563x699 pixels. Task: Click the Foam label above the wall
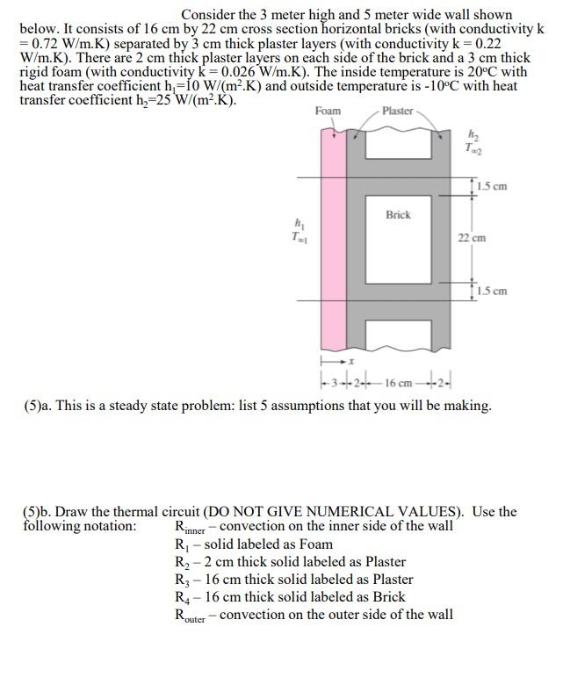pyautogui.click(x=328, y=111)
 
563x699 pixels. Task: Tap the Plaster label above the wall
pyautogui.click(x=398, y=111)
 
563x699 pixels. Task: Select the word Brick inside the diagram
pyautogui.click(x=398, y=214)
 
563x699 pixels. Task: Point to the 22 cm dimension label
pyautogui.click(x=472, y=237)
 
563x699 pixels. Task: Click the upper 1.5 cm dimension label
pyautogui.click(x=493, y=186)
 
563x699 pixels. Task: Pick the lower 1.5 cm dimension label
pyautogui.click(x=493, y=291)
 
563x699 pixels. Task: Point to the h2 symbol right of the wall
pyautogui.click(x=476, y=133)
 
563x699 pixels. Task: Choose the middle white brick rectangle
pyautogui.click(x=398, y=237)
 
